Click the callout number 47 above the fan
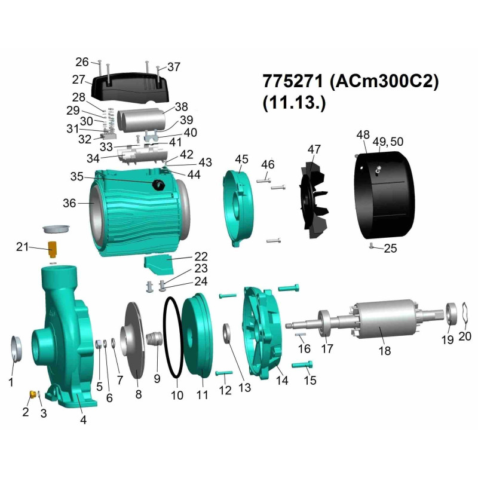pos(314,149)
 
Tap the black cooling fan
pos(312,200)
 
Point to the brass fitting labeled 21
pos(52,249)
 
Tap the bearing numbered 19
pos(452,314)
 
